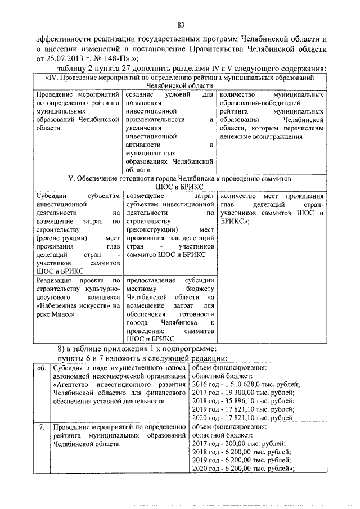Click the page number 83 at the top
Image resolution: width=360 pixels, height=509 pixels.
[x=181, y=25]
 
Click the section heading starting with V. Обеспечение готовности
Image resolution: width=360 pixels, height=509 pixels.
[x=179, y=181]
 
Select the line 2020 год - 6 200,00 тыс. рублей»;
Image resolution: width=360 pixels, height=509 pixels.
[x=244, y=469]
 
